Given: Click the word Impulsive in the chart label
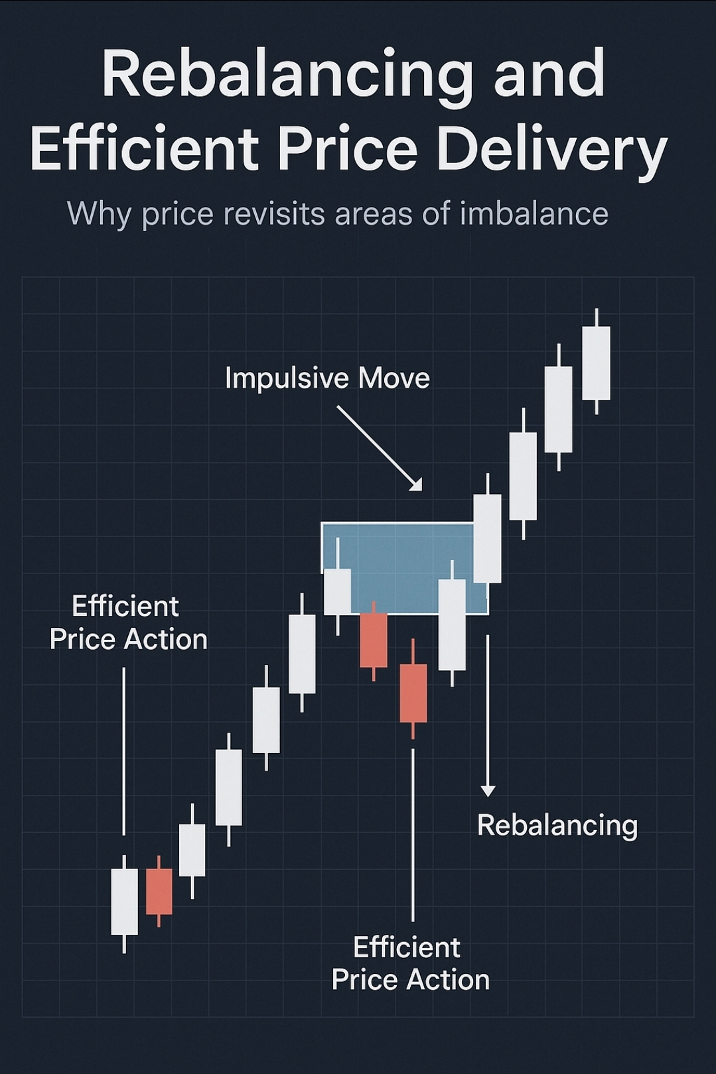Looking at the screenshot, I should click(x=286, y=379).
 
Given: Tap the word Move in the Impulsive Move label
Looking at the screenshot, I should click(x=394, y=379).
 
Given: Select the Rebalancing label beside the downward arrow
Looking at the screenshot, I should click(x=557, y=825).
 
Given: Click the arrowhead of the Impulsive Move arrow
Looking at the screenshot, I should click(x=417, y=485).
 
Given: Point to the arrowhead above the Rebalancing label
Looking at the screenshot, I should click(x=488, y=790).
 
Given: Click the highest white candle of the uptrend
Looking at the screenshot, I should click(x=596, y=362).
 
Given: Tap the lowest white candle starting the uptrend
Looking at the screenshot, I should click(x=124, y=901).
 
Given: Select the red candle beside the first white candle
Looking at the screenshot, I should click(x=159, y=891).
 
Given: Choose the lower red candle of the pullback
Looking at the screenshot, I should click(x=413, y=693).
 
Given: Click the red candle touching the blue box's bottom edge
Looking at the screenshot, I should click(x=374, y=640).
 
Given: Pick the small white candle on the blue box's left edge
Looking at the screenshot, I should click(x=338, y=591).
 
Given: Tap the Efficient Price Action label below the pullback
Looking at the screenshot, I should click(x=410, y=963).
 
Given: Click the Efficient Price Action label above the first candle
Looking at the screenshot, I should click(x=128, y=623).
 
